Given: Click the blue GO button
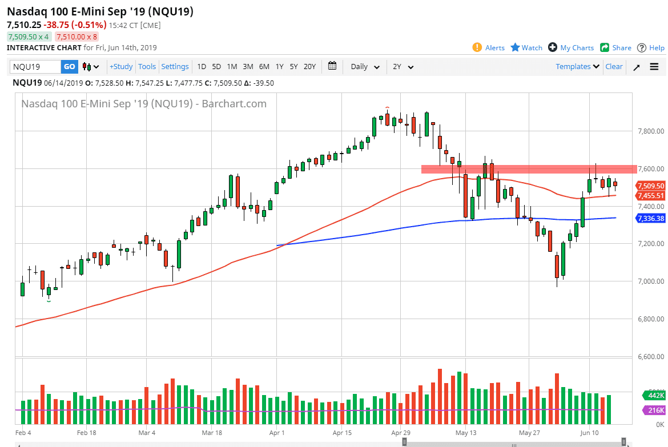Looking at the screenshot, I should (x=69, y=67).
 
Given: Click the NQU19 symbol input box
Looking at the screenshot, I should (x=35, y=67).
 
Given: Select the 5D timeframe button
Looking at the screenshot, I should (x=216, y=67).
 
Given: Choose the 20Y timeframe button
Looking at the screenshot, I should (x=309, y=67).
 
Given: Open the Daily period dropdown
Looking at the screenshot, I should (x=365, y=67).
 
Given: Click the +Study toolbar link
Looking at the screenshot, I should (x=121, y=67).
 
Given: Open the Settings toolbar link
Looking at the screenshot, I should (x=175, y=67).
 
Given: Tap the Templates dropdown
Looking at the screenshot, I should (x=578, y=67).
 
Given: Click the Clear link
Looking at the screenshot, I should (x=614, y=67).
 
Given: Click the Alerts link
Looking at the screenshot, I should (x=489, y=48).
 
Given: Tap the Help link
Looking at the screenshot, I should (x=651, y=48).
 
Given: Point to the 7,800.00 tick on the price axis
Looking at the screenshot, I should (x=651, y=131).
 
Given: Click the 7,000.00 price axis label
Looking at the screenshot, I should (x=651, y=281).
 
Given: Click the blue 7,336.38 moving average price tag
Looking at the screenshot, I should (x=651, y=218).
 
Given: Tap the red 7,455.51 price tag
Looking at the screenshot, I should (x=651, y=196).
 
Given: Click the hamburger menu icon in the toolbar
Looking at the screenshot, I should (x=654, y=67).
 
